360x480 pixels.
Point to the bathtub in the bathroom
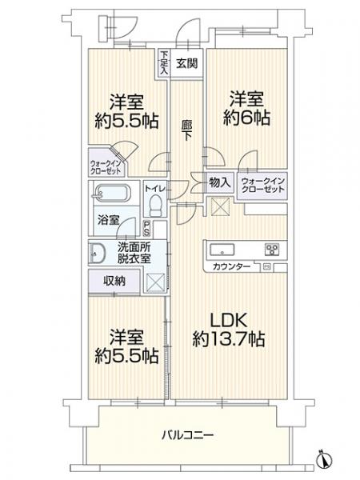pyautogui.click(x=111, y=194)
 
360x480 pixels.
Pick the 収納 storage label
pyautogui.click(x=111, y=280)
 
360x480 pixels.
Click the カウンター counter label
pyautogui.click(x=233, y=266)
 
